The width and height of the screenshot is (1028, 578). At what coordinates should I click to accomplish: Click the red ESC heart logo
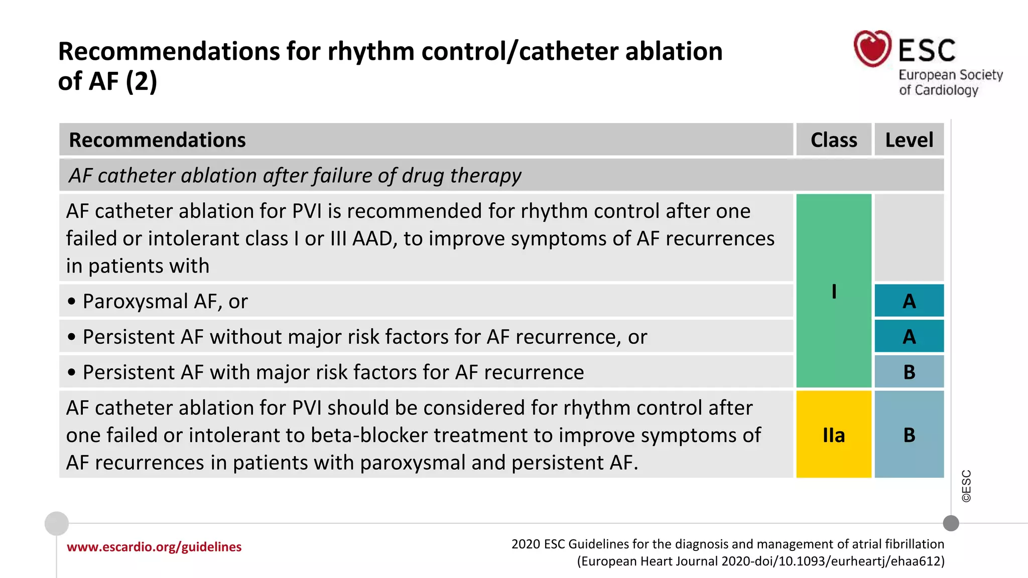[x=872, y=49]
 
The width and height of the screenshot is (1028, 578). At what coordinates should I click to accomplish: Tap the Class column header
[x=834, y=140]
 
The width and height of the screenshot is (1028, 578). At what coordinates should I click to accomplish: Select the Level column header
[x=909, y=140]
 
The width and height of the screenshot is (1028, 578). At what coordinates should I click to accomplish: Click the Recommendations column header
[x=157, y=140]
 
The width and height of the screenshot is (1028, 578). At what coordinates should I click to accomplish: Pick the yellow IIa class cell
[x=834, y=435]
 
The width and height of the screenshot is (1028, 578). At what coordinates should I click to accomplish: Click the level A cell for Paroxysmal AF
[x=909, y=301]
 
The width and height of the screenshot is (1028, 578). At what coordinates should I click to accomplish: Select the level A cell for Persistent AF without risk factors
[x=909, y=336]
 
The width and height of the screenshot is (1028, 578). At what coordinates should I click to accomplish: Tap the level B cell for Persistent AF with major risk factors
[x=909, y=372]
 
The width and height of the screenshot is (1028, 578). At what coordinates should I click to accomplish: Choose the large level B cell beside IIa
[x=909, y=435]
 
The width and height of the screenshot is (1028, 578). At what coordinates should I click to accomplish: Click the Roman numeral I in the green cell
[x=834, y=291]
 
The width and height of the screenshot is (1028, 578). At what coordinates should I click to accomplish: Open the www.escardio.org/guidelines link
[x=154, y=547]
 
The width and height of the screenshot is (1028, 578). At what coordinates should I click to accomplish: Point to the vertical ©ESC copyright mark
[x=966, y=486]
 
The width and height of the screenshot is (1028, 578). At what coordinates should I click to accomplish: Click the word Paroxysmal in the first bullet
[x=135, y=302]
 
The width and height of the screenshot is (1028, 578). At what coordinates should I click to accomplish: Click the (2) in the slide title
[x=141, y=81]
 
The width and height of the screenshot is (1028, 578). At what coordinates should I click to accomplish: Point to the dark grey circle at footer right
[x=951, y=523]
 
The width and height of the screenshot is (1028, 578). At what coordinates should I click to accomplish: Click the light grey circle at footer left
[x=57, y=523]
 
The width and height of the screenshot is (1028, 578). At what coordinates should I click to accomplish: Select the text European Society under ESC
[x=950, y=75]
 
